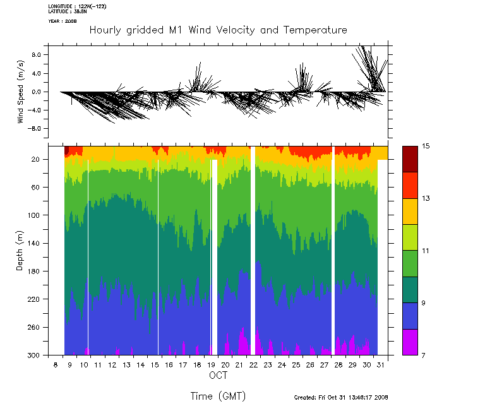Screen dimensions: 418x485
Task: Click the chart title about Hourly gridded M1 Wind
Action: click(218, 30)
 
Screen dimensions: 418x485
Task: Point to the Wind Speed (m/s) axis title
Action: click(21, 92)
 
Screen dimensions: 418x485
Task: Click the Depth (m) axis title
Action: click(20, 251)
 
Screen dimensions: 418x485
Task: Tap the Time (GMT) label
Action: click(218, 396)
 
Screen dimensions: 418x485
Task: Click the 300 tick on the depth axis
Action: click(35, 355)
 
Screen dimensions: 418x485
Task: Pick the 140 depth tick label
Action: click(35, 243)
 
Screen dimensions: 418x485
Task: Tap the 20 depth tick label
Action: click(37, 160)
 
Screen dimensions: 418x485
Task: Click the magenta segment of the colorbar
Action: click(410, 342)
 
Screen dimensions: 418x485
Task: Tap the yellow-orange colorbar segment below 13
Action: click(410, 211)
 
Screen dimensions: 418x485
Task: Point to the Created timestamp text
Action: click(341, 398)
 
